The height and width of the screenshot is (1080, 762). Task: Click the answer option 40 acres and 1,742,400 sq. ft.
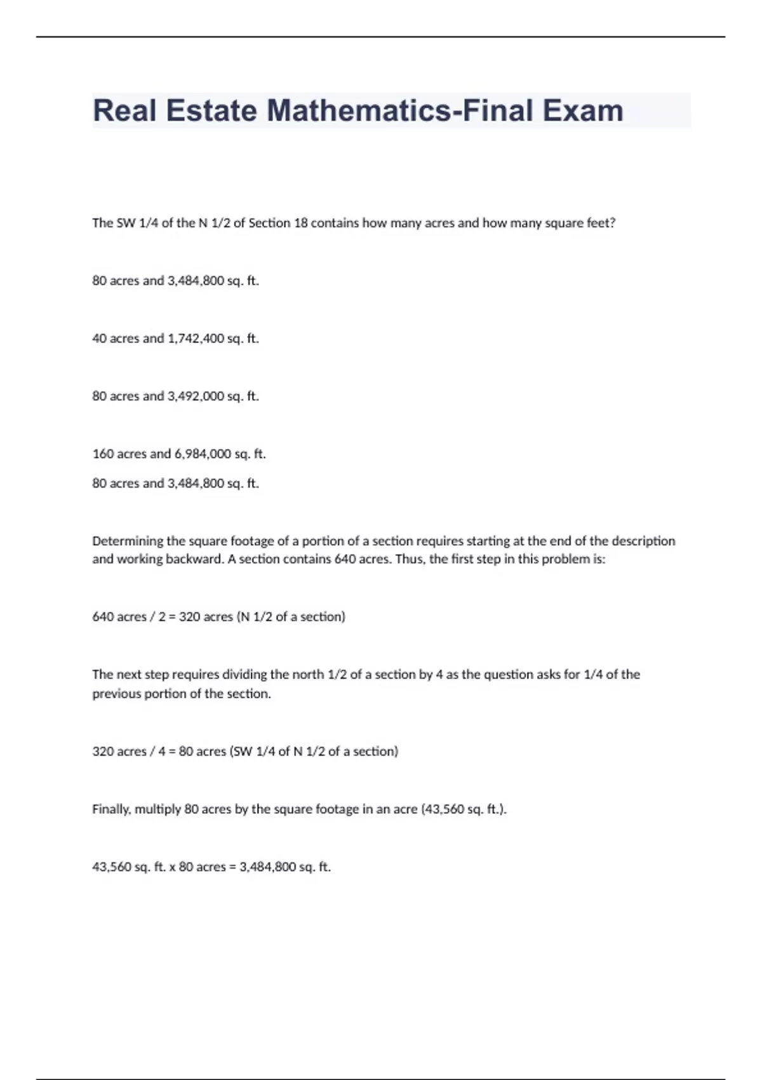[x=175, y=339]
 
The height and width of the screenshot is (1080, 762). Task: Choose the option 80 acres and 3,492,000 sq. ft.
[x=175, y=396]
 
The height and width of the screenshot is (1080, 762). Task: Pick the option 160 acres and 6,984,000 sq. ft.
[x=178, y=454]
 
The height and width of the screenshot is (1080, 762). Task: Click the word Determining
[x=128, y=541]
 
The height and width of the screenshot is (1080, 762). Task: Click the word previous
[x=116, y=694]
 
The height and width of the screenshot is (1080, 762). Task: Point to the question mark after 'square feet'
[x=612, y=223]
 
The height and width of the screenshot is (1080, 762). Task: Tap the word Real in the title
[x=124, y=111]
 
